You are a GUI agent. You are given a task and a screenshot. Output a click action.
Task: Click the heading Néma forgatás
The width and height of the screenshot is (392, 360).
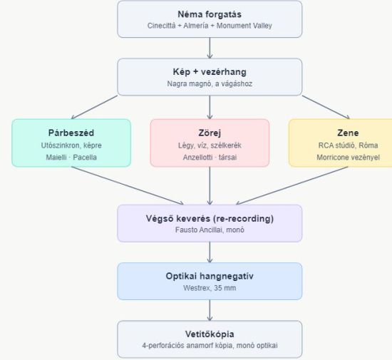pyautogui.click(x=210, y=14)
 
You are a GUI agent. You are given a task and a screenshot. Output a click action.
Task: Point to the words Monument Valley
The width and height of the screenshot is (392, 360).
pyautogui.click(x=244, y=26)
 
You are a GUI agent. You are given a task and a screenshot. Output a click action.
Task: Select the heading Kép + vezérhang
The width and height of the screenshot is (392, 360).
pyautogui.click(x=210, y=72)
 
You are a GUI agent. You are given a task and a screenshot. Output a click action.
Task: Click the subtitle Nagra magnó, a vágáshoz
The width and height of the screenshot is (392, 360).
pyautogui.click(x=210, y=83)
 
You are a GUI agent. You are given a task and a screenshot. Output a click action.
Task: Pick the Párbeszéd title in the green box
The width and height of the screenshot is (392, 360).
pyautogui.click(x=71, y=133)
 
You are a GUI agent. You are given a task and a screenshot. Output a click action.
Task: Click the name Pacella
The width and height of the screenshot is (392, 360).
pyautogui.click(x=85, y=158)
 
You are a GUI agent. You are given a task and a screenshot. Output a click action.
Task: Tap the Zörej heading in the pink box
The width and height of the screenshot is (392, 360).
pyautogui.click(x=210, y=133)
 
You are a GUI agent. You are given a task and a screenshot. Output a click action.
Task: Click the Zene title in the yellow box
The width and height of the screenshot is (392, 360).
pyautogui.click(x=348, y=133)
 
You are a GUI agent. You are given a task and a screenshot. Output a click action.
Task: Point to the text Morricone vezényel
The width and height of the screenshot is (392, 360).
pyautogui.click(x=348, y=158)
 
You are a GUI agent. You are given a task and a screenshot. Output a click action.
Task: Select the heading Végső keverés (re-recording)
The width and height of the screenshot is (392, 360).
pyautogui.click(x=210, y=219)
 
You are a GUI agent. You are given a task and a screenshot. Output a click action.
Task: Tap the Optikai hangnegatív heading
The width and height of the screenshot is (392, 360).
pyautogui.click(x=210, y=276)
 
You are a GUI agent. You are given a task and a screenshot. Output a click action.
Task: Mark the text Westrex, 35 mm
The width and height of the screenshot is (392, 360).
pyautogui.click(x=210, y=288)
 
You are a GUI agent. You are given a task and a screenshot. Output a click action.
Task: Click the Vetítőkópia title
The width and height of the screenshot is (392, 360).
pyautogui.click(x=210, y=334)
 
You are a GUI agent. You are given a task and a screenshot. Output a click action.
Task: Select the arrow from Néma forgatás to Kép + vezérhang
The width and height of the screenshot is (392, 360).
pyautogui.click(x=210, y=48)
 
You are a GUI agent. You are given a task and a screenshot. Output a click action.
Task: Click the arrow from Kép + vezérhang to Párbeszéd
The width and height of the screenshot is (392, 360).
pyautogui.click(x=94, y=107)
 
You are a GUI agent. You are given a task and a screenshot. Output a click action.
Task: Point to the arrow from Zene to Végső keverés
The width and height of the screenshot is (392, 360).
pyautogui.click(x=292, y=185)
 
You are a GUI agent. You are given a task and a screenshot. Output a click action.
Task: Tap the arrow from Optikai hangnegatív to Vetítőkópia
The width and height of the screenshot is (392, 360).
pyautogui.click(x=210, y=310)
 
